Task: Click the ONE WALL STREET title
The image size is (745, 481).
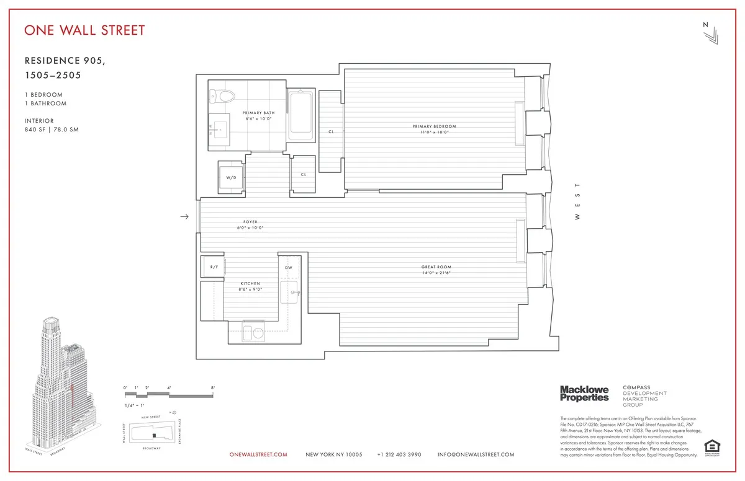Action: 84,30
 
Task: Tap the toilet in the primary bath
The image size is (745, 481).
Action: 222,96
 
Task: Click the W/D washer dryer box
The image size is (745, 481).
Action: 231,177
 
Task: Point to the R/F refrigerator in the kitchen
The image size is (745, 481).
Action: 214,267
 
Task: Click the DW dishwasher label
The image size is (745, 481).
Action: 288,267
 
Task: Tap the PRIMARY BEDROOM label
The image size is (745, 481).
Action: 431,129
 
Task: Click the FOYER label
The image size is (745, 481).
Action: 250,224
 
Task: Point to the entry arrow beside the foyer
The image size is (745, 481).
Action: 184,217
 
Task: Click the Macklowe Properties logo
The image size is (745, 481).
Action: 584,394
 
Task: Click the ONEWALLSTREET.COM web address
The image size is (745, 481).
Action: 258,454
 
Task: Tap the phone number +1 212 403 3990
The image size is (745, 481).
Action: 399,454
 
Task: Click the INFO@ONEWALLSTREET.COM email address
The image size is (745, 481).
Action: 476,454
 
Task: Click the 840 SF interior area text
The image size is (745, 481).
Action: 37,130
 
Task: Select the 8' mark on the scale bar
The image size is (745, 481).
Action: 213,388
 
